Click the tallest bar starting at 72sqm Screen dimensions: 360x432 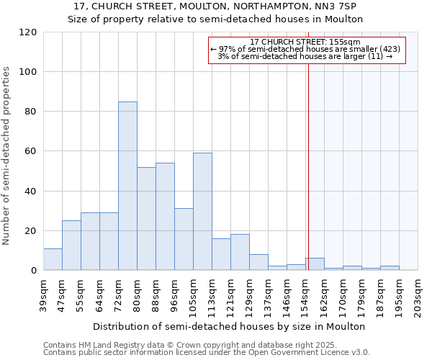tap(127, 186)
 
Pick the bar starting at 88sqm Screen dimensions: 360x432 tap(165, 217)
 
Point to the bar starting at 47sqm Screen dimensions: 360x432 tap(71, 246)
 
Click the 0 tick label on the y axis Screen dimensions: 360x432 tap(34, 271)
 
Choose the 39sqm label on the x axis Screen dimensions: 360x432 tap(44, 293)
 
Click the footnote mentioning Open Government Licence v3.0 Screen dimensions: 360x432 tap(206, 353)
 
